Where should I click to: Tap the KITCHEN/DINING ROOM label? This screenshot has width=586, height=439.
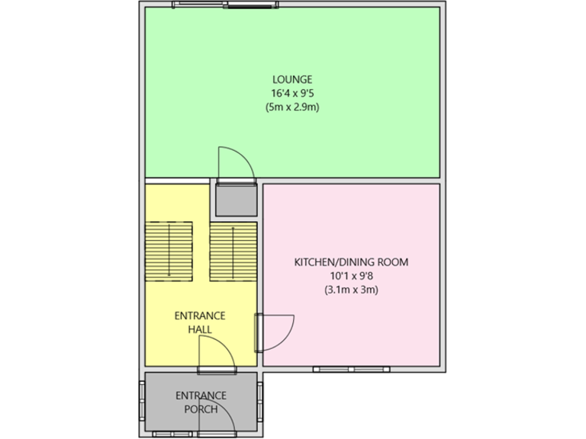click(351, 262)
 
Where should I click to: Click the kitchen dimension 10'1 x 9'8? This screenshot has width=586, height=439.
click(351, 276)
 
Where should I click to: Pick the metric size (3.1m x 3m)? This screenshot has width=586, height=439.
click(351, 290)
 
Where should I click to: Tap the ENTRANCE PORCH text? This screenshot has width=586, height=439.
click(201, 402)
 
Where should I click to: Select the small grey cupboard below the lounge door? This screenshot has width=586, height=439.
click(236, 200)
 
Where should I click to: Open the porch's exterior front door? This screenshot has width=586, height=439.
click(216, 418)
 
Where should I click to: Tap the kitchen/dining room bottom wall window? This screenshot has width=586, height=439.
click(351, 370)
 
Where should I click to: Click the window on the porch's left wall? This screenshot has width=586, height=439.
click(141, 401)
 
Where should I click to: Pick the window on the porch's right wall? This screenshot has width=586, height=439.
click(260, 401)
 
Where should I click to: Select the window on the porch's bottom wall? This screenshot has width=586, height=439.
click(172, 434)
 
